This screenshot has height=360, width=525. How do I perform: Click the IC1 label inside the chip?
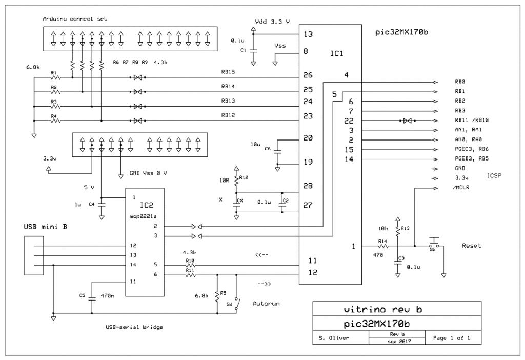[x=336, y=53]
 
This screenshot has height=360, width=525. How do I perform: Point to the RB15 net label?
[x=228, y=72]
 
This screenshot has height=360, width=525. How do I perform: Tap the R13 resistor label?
[x=405, y=228]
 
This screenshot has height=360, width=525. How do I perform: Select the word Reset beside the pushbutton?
[x=471, y=246]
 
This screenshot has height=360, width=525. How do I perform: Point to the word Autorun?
[x=267, y=304]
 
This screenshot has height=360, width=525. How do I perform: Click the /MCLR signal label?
[x=463, y=188]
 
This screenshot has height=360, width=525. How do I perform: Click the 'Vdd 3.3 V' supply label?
[x=272, y=22]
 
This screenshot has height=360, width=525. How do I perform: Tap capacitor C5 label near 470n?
[x=83, y=295]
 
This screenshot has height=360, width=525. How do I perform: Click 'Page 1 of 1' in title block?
[x=452, y=338]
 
